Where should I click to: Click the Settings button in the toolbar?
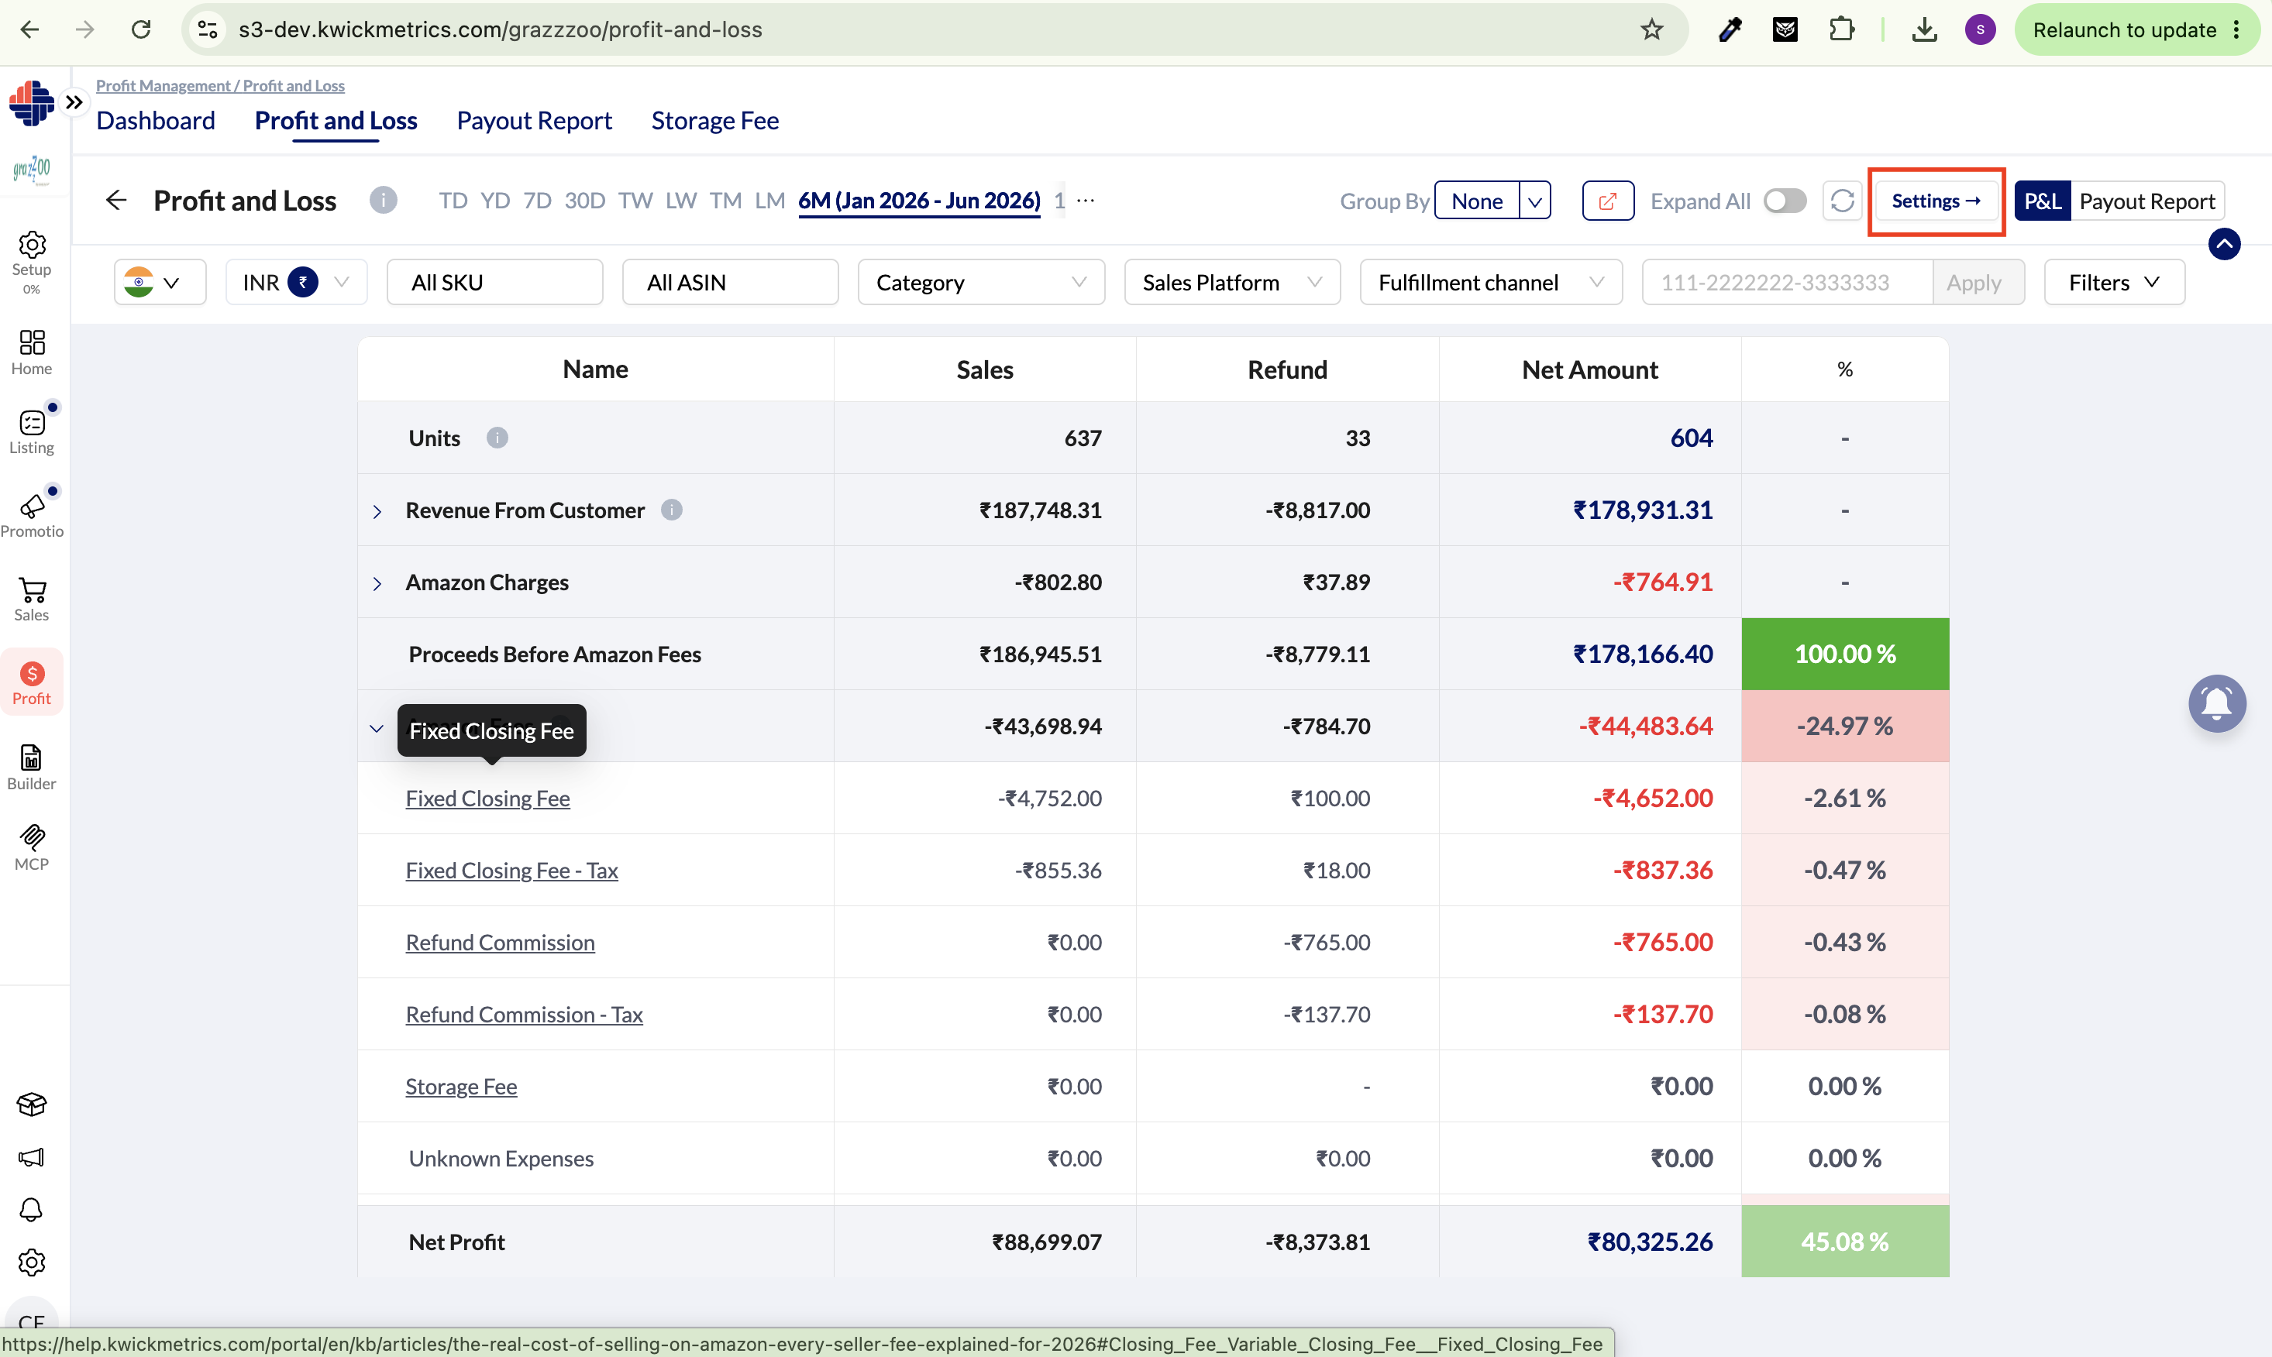click(x=1936, y=201)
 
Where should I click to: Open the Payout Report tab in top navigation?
click(x=534, y=121)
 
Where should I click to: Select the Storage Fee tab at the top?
click(x=714, y=121)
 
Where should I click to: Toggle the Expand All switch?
click(x=1785, y=201)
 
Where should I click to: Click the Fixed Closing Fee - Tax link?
click(x=511, y=870)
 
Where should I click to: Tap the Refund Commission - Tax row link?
click(x=524, y=1014)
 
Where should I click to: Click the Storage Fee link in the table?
click(x=461, y=1087)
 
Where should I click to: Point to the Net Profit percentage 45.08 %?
click(x=1844, y=1241)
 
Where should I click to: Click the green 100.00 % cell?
click(x=1845, y=654)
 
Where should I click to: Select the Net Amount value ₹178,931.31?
click(x=1643, y=510)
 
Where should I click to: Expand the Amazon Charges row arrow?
click(x=377, y=583)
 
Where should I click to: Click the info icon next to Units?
click(x=497, y=438)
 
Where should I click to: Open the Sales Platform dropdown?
click(x=1231, y=283)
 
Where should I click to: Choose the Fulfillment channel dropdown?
click(x=1491, y=283)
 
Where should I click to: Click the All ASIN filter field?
click(x=730, y=283)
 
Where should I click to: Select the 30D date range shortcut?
click(x=584, y=201)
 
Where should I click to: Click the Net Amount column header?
click(x=1589, y=369)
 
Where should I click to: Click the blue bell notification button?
click(x=2217, y=703)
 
